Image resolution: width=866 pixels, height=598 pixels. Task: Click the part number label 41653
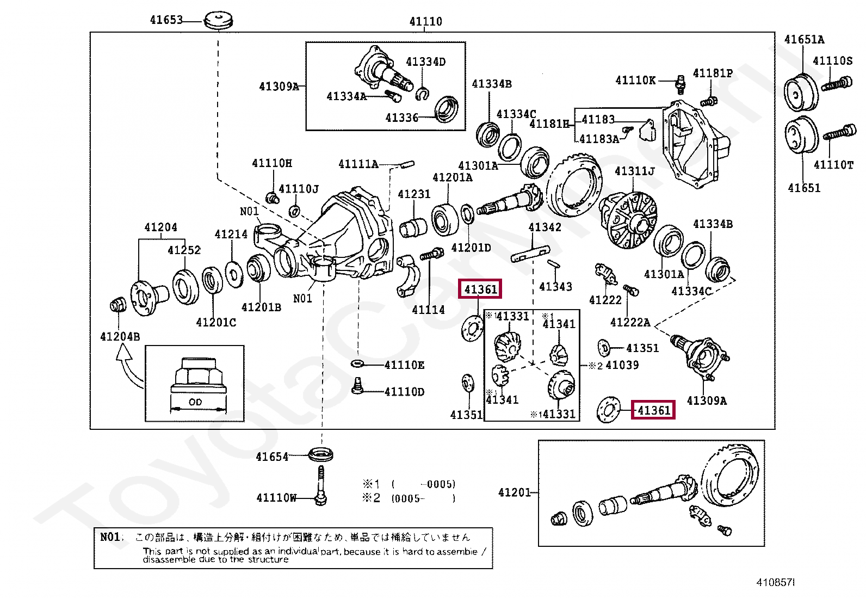[166, 20]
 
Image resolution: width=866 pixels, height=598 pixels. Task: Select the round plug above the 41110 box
[218, 22]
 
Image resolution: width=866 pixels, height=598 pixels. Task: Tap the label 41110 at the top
[425, 22]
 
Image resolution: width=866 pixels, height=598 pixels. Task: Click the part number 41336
[401, 118]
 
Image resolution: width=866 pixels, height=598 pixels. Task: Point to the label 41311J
[634, 171]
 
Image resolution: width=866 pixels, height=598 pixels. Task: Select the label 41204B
[120, 337]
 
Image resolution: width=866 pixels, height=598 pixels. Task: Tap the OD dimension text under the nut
[195, 402]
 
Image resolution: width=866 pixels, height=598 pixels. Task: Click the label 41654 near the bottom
[272, 457]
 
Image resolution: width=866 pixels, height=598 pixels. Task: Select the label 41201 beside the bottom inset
[514, 492]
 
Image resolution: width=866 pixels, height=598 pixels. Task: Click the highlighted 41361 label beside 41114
[480, 289]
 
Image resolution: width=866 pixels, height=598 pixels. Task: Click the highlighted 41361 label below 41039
[653, 410]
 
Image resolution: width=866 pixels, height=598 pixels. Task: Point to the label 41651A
[803, 40]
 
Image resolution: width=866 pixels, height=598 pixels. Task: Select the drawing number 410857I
[775, 583]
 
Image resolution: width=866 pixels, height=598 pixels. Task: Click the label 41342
[545, 227]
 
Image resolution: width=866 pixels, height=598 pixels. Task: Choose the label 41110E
[404, 365]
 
